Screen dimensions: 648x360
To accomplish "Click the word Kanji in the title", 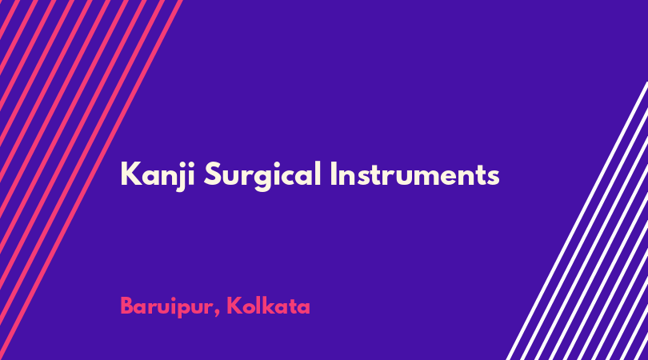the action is coord(158,176).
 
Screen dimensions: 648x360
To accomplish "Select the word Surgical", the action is coord(262,176).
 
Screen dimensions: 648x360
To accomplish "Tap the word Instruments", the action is coord(415,174).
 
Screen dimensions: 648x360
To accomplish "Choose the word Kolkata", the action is coord(268,306).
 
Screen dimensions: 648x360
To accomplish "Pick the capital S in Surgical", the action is coord(214,174).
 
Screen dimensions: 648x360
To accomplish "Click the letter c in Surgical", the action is coord(292,177).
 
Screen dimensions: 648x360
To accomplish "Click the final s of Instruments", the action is coord(493,177).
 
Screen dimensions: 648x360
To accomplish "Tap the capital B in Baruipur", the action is coord(128,306).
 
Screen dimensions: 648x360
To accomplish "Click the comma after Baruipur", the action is coord(217,314).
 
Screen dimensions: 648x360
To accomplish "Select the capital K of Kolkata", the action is coord(234,306).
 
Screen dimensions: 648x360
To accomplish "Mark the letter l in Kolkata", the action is coord(264,305).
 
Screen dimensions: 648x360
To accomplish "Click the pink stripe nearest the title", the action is coord(90,180).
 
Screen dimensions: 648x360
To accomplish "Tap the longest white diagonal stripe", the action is coord(577,221).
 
